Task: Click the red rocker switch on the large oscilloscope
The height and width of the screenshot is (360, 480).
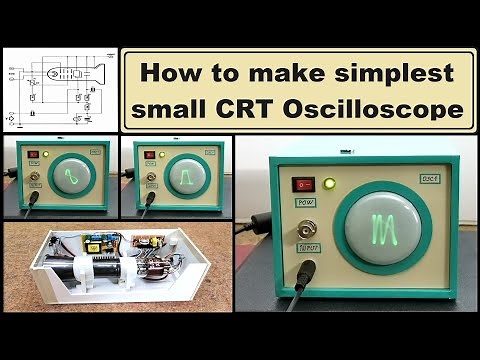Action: pos(302,184)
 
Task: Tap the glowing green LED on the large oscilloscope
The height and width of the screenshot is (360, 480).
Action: pos(330,184)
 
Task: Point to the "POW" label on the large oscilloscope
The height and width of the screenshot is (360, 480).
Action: pos(304,203)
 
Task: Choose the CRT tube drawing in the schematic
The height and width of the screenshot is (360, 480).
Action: pos(70,74)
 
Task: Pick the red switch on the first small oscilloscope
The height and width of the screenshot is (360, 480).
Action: pos(32,155)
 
